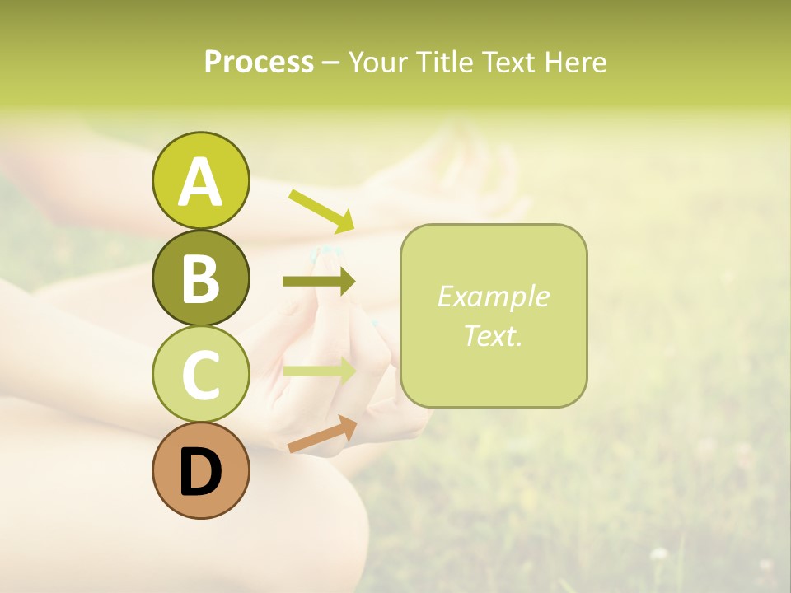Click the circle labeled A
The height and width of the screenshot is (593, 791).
pos(200,180)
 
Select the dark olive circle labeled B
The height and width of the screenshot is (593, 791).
pos(200,278)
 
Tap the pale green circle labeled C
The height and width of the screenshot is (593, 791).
pos(200,374)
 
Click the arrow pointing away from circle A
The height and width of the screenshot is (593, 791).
pos(321,211)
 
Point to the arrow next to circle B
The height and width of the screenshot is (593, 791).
pos(319,282)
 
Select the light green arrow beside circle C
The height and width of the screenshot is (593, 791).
pos(319,371)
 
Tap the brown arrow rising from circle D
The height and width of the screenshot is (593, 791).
pos(322,435)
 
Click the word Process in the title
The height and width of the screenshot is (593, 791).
pos(259,63)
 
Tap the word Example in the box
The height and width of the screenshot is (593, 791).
pos(493,296)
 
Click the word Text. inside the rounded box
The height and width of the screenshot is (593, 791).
pos(493,336)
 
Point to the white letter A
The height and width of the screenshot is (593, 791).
pos(200,182)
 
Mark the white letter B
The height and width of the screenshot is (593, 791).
pos(200,278)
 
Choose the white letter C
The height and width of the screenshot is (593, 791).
pos(200,375)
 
